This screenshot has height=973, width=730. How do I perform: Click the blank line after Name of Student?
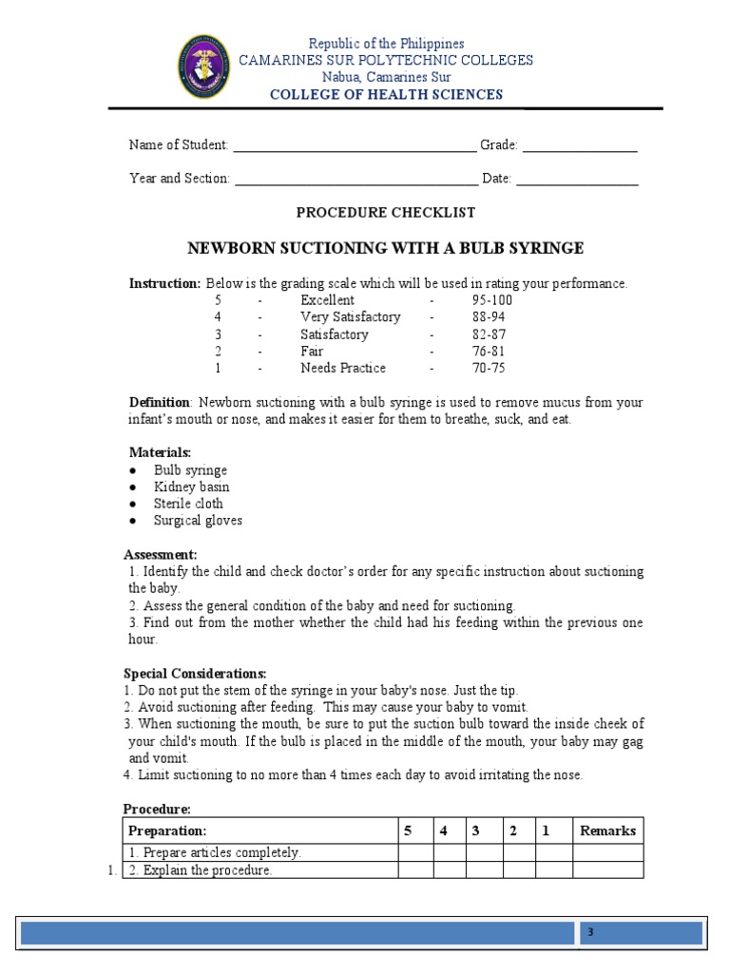(354, 148)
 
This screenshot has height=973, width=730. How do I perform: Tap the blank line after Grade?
(579, 148)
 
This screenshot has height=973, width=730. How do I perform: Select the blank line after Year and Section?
(355, 181)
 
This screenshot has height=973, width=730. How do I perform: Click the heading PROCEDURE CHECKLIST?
(386, 213)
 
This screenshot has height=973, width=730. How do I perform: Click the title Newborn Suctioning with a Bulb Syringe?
(385, 249)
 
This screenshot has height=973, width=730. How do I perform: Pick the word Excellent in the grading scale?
(327, 300)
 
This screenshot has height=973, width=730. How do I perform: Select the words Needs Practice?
(343, 369)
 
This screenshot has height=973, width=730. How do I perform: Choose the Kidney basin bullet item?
(191, 487)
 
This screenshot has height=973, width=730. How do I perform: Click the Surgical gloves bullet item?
(198, 521)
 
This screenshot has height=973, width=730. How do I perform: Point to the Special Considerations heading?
(195, 674)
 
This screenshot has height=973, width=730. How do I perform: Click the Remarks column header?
(607, 831)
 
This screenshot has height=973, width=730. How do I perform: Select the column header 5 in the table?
(408, 831)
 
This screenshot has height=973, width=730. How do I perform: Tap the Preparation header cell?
(167, 831)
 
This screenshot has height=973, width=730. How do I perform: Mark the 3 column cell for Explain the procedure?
(484, 870)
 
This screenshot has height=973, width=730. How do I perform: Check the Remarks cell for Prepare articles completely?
(607, 853)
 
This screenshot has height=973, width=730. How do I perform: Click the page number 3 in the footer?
(589, 933)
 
